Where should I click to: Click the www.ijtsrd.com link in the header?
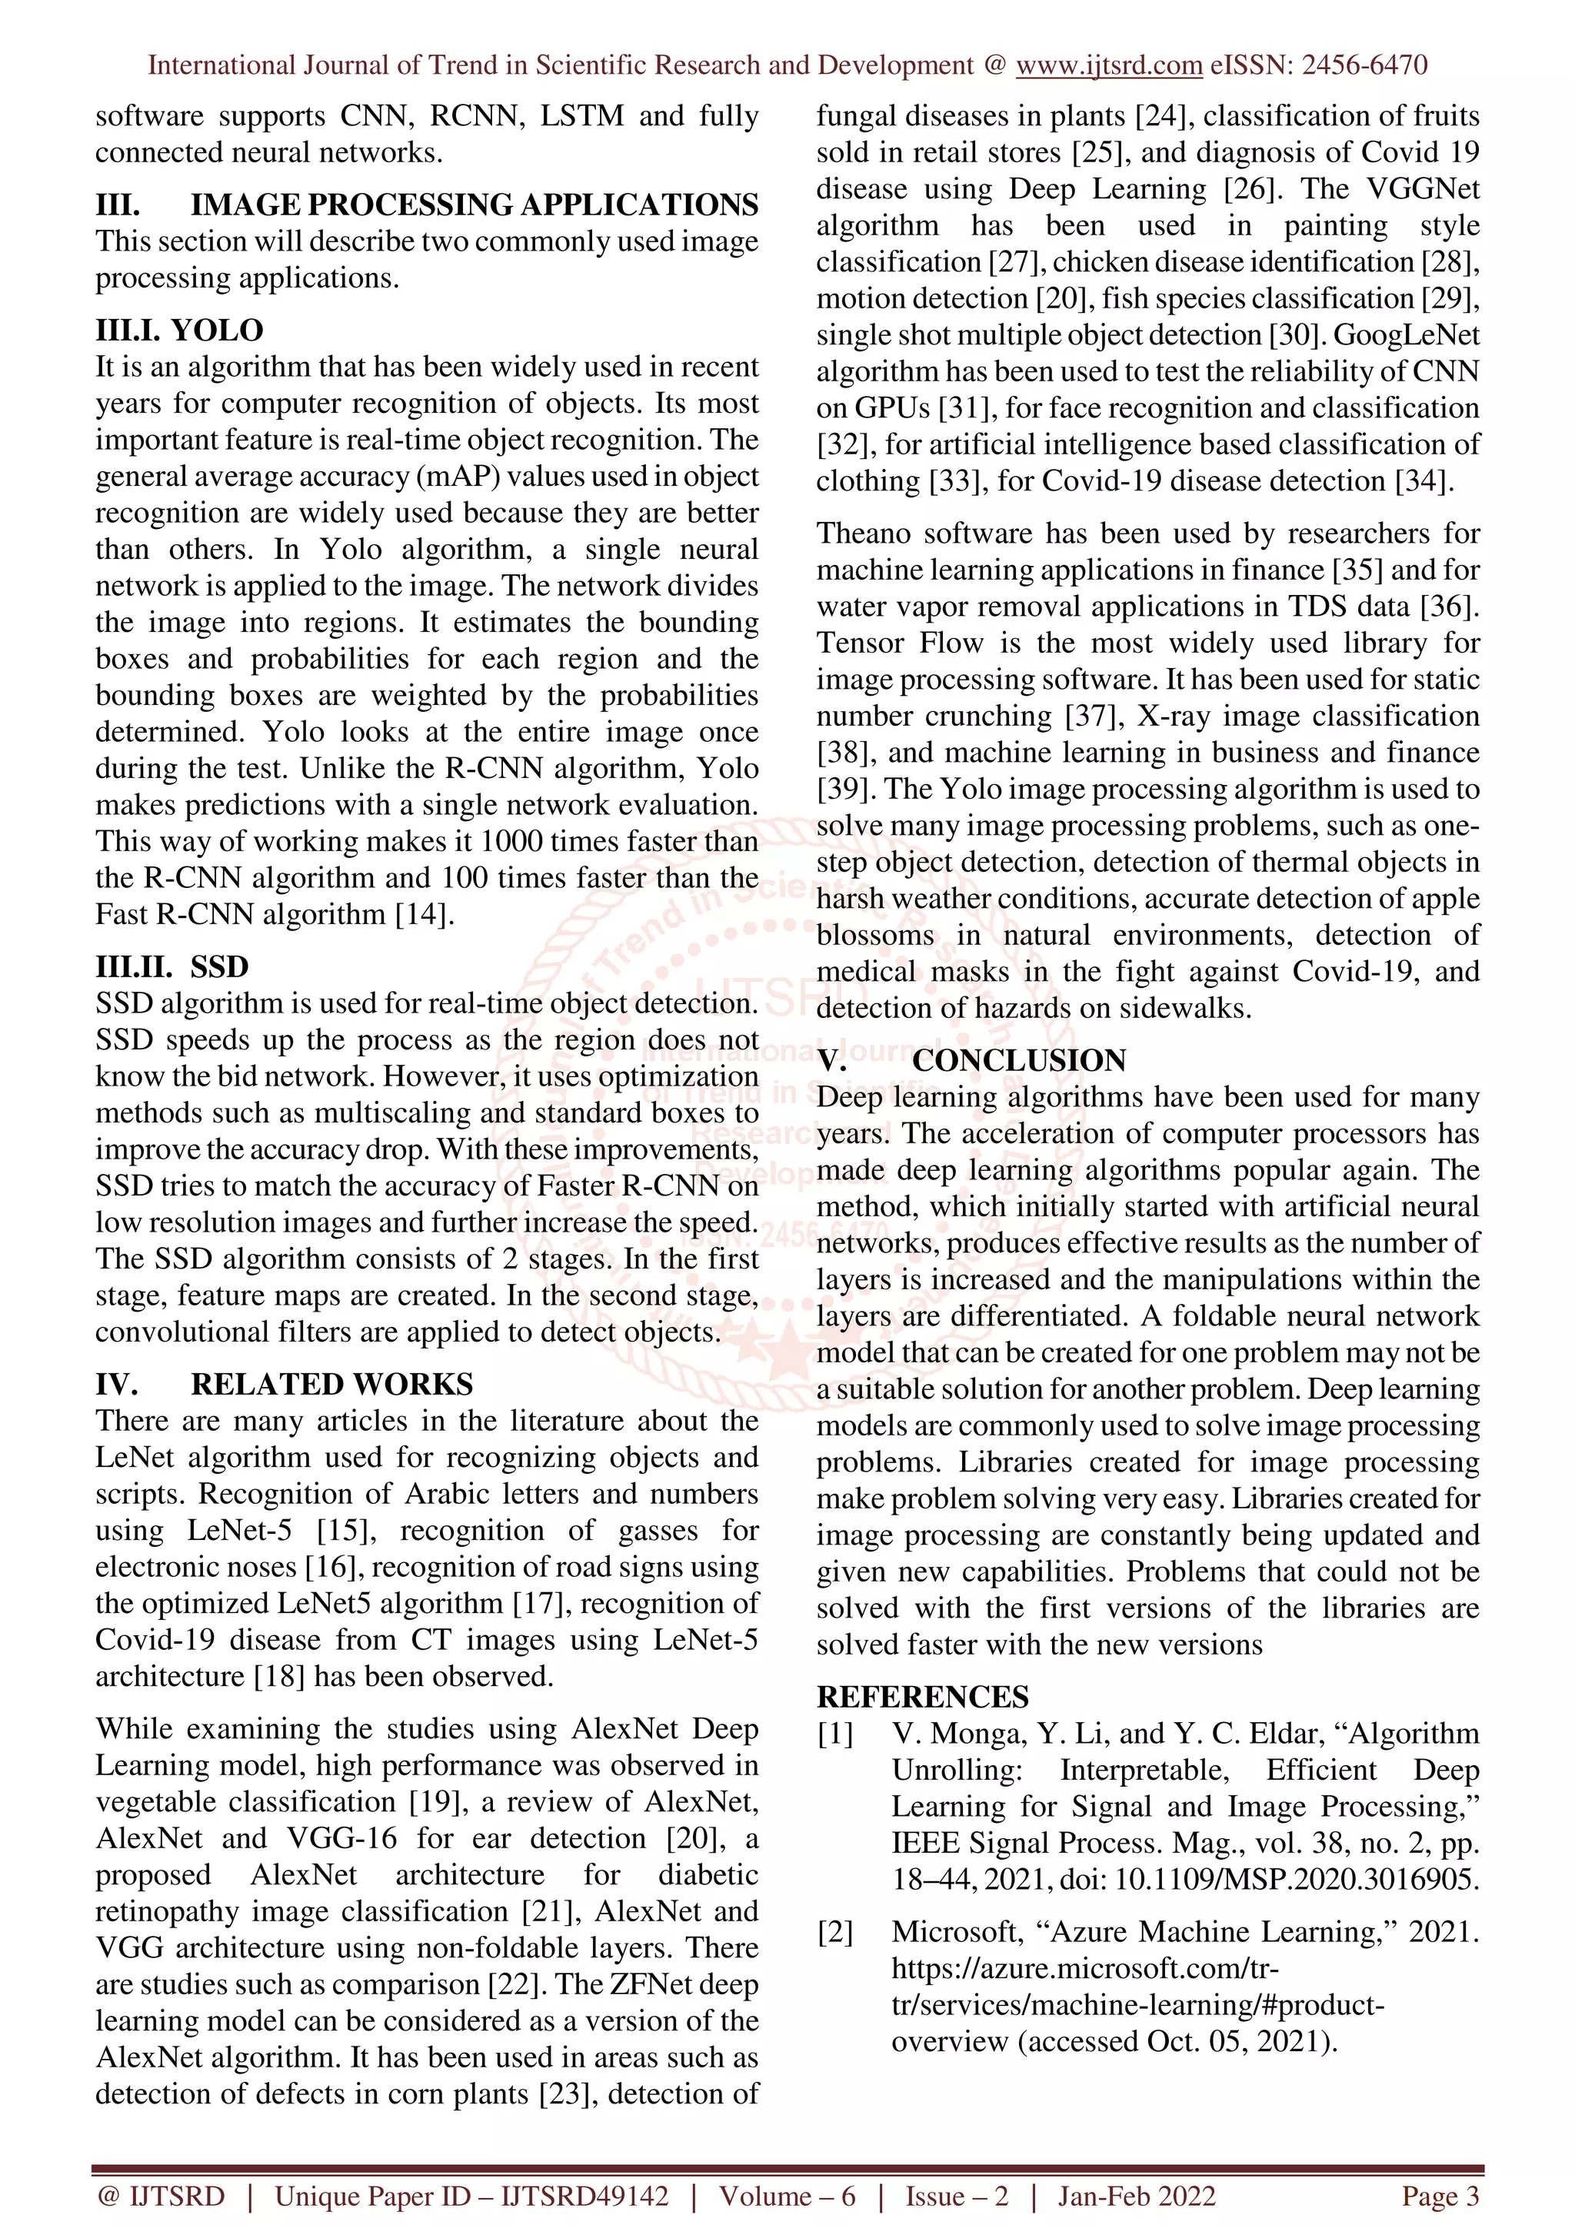(x=1108, y=65)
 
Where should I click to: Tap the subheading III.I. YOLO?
(x=178, y=330)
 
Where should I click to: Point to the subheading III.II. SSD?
(x=171, y=966)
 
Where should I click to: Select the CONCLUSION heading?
(x=1018, y=1061)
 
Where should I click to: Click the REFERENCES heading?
(x=922, y=1696)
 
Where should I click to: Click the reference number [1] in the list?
(x=834, y=1733)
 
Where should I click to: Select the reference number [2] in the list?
(x=834, y=1932)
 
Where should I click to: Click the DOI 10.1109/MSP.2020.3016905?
(x=1297, y=1880)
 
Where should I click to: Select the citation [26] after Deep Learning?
(x=1252, y=188)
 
